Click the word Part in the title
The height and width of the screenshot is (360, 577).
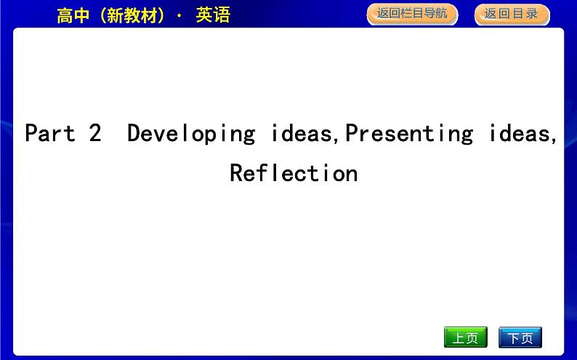coord(49,133)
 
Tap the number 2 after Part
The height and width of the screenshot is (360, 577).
coord(94,133)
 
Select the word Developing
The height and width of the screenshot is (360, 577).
coord(191,134)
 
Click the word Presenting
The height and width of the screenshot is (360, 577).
coord(408,133)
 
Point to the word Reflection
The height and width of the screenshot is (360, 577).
coord(294,173)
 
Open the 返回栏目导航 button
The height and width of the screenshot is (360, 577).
coord(412,14)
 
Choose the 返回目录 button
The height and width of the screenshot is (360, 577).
coord(512,14)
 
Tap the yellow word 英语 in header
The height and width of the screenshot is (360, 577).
coord(213,15)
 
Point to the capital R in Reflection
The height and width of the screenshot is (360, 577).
coord(236,173)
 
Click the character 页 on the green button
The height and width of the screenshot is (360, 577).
coord(472,338)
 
